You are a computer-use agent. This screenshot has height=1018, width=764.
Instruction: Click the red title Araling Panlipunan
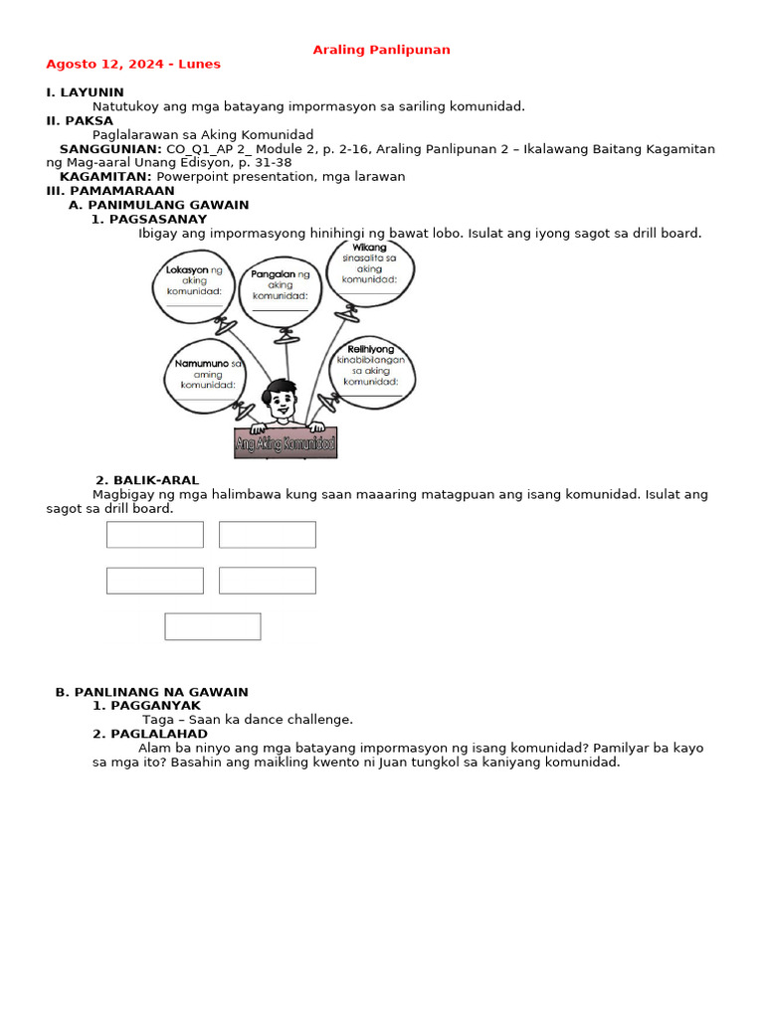(x=381, y=50)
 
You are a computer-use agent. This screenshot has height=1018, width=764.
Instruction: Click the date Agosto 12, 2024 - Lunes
(x=133, y=65)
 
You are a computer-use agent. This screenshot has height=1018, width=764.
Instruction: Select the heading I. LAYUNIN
(x=85, y=92)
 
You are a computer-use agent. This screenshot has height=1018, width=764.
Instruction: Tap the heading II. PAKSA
(x=80, y=120)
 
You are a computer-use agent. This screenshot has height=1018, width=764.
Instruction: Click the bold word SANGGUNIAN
(x=110, y=148)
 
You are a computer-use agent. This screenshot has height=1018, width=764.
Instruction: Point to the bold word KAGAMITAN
(x=105, y=176)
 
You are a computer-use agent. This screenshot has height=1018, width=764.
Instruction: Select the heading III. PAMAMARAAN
(x=110, y=190)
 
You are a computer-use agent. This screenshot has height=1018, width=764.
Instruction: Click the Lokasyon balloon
(x=194, y=285)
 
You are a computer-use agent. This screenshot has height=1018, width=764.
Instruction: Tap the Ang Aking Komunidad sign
(x=286, y=443)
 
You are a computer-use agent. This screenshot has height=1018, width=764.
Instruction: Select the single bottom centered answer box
(x=213, y=626)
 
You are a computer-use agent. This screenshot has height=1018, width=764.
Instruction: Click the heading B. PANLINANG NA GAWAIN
(x=151, y=692)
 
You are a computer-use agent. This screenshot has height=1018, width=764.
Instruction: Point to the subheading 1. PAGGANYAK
(x=146, y=706)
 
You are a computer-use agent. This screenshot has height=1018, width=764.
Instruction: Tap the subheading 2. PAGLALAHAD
(x=150, y=734)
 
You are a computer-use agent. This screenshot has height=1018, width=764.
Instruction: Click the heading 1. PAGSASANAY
(x=149, y=219)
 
